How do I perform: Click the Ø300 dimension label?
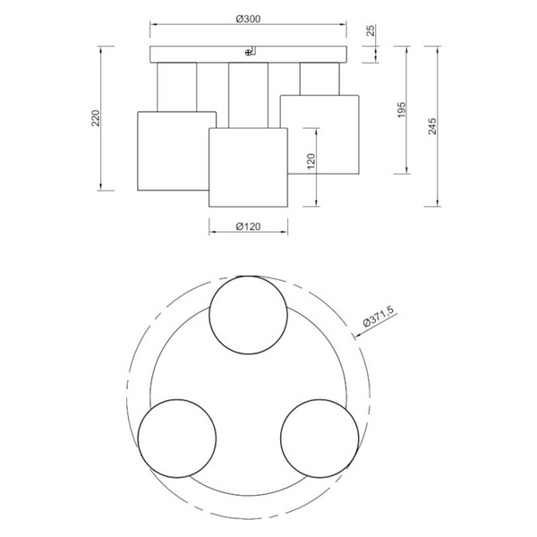coord(248,19)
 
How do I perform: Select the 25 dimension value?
coord(371,30)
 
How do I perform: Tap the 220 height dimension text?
coord(97,118)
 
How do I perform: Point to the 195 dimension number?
coord(402,109)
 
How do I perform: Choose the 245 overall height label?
coord(433,126)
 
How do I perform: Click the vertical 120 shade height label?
coord(311,161)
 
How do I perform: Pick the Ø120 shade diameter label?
coord(248,226)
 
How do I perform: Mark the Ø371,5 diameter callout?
coord(379,317)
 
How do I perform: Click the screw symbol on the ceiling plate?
coord(248,53)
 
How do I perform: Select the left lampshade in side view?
coord(174,150)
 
